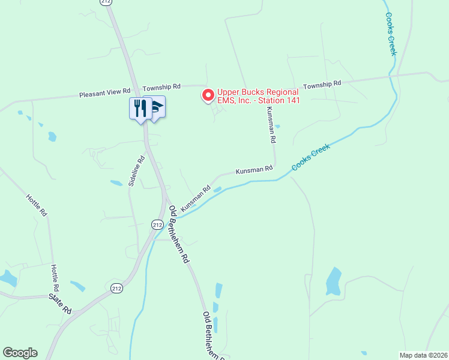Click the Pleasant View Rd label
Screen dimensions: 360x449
coord(105,94)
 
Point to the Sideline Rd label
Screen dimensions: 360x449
coord(137,171)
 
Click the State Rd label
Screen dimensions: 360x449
coord(60,303)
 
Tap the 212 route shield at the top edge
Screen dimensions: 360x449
coord(106,2)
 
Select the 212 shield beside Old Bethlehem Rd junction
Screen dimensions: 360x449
coord(157,224)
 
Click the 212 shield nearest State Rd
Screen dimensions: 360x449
coord(116,289)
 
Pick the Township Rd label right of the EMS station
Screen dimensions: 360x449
coord(322,85)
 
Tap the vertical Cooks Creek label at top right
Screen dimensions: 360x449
coord(391,34)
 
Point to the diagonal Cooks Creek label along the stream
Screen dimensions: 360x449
coord(312,157)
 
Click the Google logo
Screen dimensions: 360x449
coord(20,353)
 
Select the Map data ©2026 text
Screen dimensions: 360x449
coord(424,355)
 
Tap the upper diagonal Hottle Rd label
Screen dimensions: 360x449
coord(35,204)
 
